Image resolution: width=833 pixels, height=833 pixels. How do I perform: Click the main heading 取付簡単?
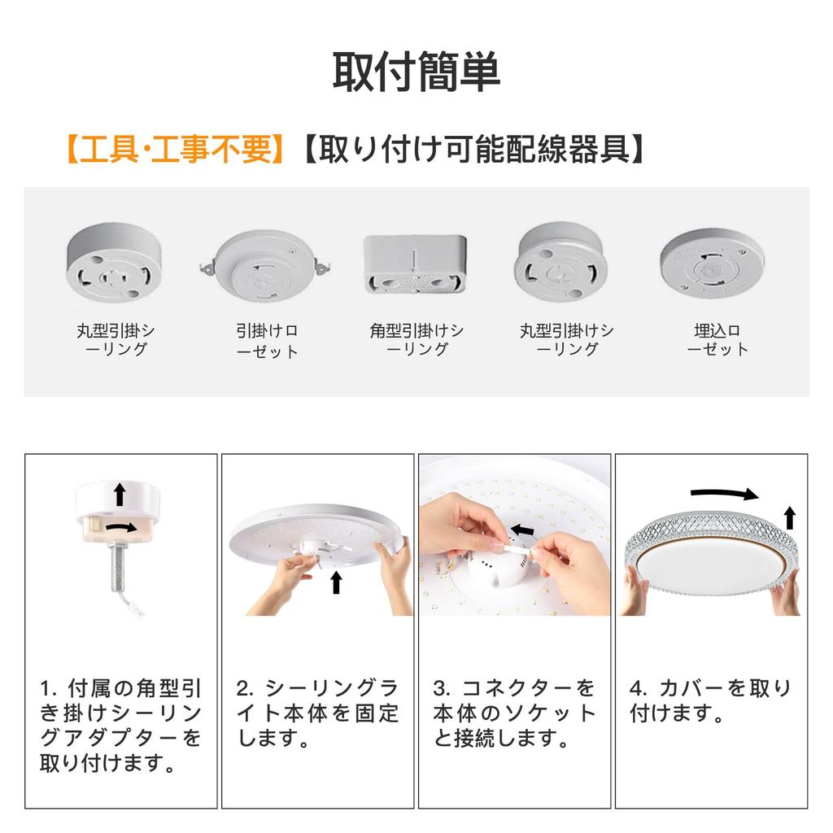pos(416,72)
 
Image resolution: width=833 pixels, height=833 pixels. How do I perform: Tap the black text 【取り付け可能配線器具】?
pos(473,150)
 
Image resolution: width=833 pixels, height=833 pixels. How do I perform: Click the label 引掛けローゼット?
pos(267,341)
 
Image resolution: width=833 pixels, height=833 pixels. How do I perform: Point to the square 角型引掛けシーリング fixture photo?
pos(415,264)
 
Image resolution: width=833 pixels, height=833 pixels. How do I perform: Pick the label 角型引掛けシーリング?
pos(416,340)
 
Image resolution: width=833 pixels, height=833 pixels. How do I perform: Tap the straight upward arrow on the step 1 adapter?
pos(120,493)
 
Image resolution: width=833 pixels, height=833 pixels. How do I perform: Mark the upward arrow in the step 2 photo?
pos(336,582)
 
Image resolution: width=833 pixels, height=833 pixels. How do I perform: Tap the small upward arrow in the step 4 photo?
pos(789,517)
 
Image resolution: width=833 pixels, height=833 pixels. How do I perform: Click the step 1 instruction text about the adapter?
pos(120,726)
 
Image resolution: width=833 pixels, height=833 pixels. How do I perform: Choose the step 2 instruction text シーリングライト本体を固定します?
pos(317,713)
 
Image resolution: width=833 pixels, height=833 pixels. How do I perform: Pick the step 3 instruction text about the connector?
pos(514,713)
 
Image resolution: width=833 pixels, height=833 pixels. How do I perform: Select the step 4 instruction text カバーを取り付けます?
pos(710,701)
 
